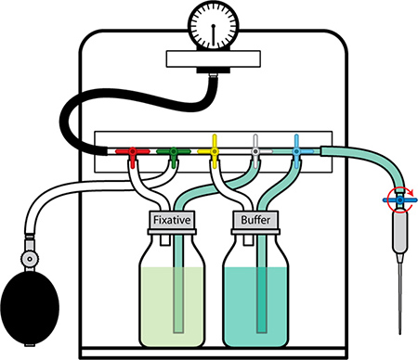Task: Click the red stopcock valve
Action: [x=133, y=152]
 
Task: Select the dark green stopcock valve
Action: [x=174, y=151]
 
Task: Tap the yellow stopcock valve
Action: [x=214, y=151]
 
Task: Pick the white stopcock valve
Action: [x=255, y=151]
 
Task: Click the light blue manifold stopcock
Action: [x=296, y=151]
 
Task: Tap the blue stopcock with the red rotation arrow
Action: [x=400, y=200]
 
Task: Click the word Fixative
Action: [x=172, y=220]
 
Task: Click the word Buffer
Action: [x=255, y=220]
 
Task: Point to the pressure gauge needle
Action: [x=214, y=34]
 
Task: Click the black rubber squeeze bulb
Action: [x=30, y=308]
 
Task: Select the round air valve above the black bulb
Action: [x=30, y=258]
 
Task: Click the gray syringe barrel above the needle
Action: [x=400, y=232]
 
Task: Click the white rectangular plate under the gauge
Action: [x=214, y=58]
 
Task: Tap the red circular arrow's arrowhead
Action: [x=411, y=193]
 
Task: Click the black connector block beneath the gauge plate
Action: [x=214, y=71]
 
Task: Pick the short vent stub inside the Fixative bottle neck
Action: [x=165, y=240]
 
